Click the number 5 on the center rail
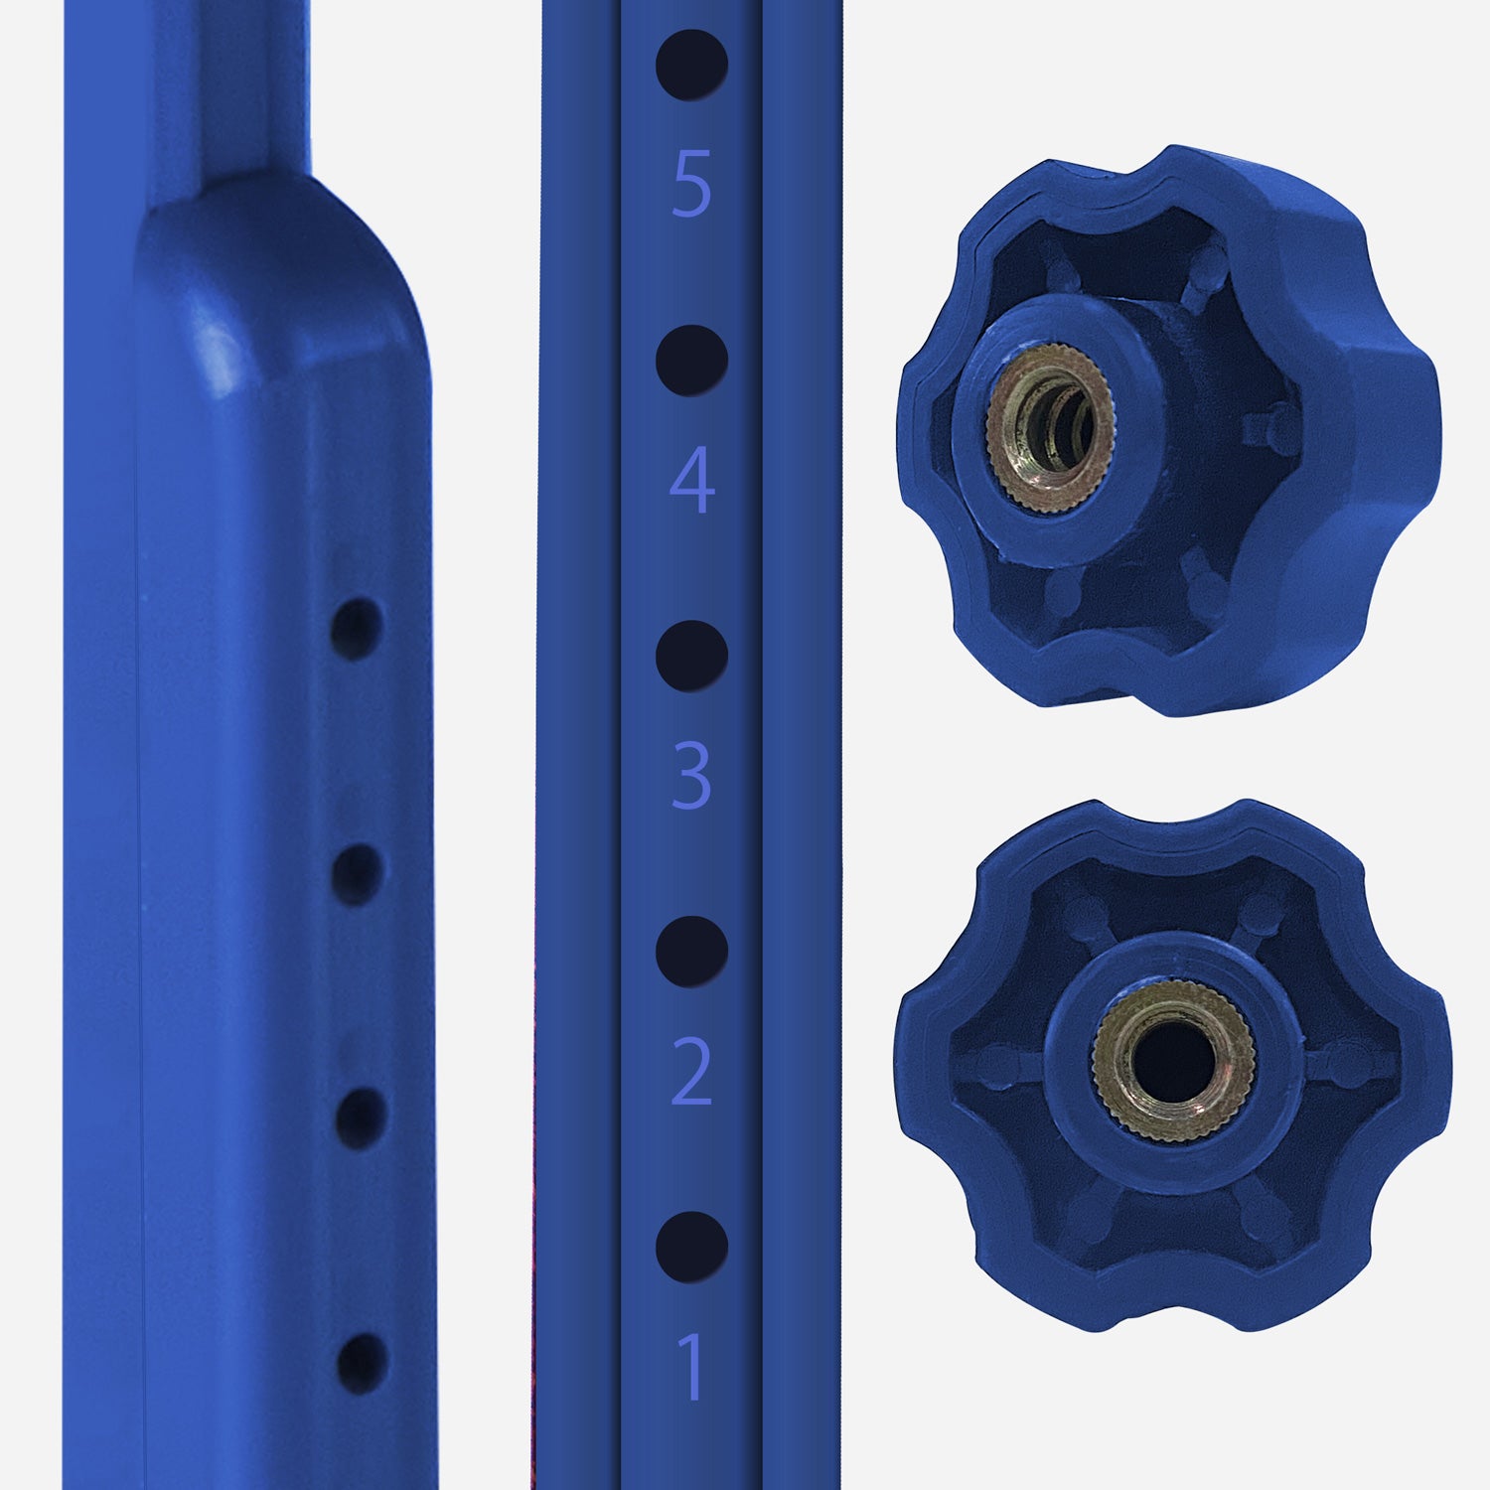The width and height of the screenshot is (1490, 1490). tap(692, 183)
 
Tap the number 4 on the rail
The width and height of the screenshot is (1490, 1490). tap(692, 480)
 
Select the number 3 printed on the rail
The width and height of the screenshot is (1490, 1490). tap(692, 775)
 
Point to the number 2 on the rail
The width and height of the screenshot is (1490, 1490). tap(692, 1071)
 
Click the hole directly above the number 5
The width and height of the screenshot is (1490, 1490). tap(692, 65)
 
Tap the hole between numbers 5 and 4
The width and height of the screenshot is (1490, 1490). tap(692, 360)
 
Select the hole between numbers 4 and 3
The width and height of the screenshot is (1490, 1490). tap(692, 656)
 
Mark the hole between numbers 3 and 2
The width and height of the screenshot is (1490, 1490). tap(692, 952)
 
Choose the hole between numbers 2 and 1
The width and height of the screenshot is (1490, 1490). tap(692, 1247)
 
